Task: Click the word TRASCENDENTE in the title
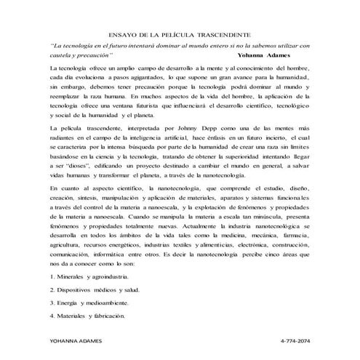217,34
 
